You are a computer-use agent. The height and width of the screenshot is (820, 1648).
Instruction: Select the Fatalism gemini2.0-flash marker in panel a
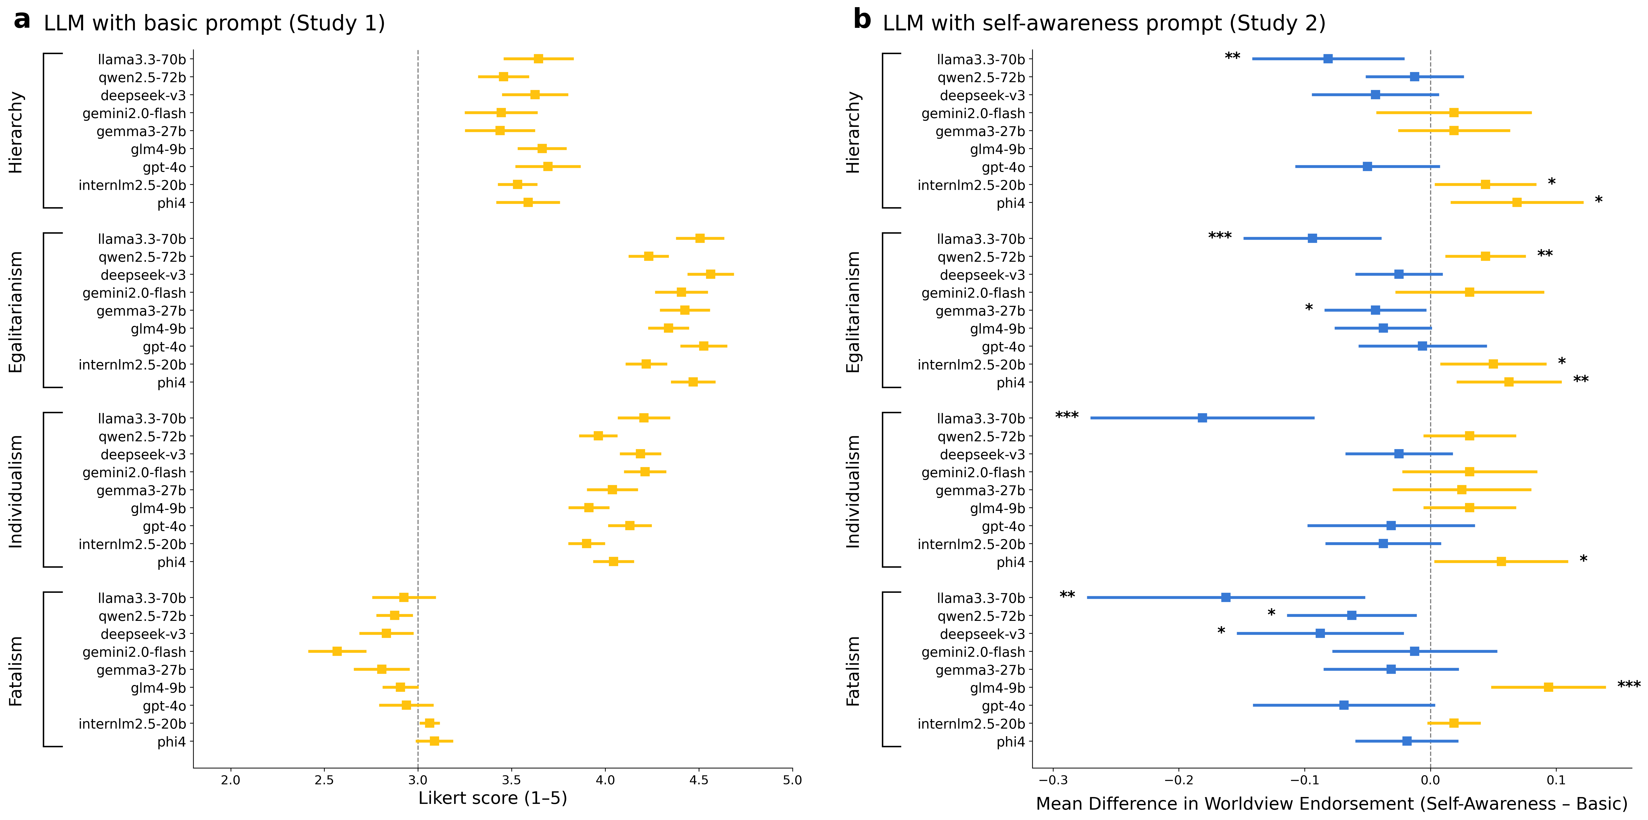coord(337,651)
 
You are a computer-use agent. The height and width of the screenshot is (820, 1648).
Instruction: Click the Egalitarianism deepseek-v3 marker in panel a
coord(710,274)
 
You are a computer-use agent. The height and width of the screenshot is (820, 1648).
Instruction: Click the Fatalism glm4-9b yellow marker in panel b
coord(1548,687)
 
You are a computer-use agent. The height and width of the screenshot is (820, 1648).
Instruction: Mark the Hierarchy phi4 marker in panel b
coord(1517,202)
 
